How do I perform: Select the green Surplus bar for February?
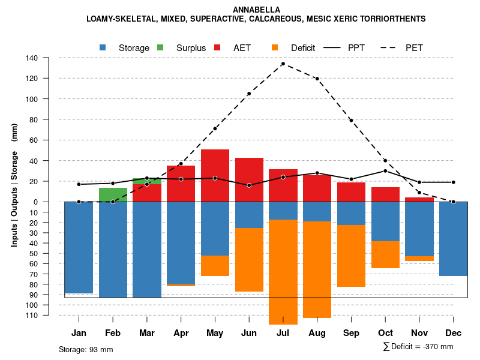point(113,194)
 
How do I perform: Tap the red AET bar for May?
point(215,175)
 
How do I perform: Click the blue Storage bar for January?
point(79,247)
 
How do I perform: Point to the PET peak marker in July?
point(283,64)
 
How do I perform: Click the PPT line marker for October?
point(385,171)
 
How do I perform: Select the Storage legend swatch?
point(104,47)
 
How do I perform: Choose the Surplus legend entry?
point(191,47)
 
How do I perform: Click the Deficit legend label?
point(303,47)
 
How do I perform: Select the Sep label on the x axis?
point(351,332)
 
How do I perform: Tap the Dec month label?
point(453,332)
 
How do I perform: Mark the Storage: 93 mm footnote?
point(86,349)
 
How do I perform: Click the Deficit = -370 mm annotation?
point(418,346)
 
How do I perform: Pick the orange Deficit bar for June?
point(249,259)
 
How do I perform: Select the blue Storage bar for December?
point(453,238)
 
